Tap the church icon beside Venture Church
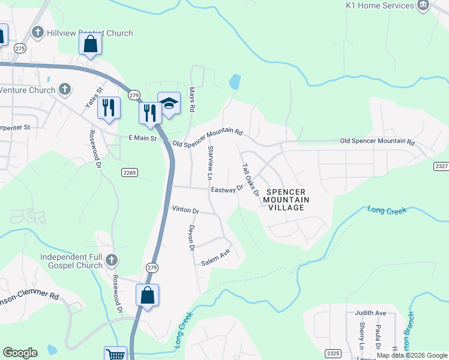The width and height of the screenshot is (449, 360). pos(65,90)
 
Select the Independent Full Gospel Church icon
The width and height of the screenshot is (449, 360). pos(111,260)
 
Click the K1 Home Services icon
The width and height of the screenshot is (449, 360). pos(423,5)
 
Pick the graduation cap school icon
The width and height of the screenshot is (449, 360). pos(169,104)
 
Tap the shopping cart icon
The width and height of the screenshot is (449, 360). pos(115,354)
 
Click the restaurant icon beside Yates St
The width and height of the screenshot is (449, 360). pos(109,107)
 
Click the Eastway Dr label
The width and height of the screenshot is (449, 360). pos(227,190)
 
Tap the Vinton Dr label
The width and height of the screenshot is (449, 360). pos(185,210)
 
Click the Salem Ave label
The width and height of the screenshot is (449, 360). pos(215,258)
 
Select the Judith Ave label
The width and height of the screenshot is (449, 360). pos(370,313)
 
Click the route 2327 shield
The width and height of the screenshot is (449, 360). pos(441,166)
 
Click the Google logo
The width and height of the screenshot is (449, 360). pos(20,353)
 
